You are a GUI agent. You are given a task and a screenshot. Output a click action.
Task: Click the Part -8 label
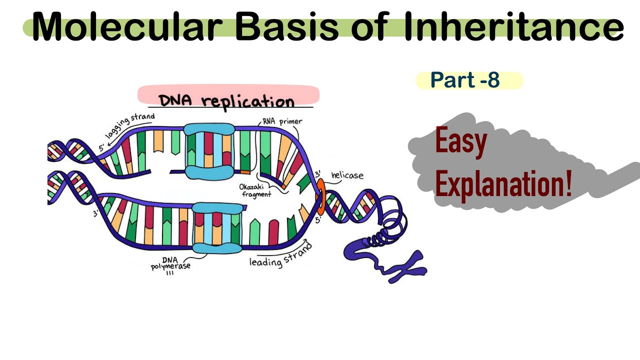click(x=465, y=80)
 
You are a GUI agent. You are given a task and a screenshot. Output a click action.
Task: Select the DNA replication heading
click(x=226, y=100)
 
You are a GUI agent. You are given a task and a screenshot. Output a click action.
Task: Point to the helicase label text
click(x=347, y=176)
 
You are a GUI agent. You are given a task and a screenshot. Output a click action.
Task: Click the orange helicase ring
click(x=320, y=196)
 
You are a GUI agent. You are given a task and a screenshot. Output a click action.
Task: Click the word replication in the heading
click(x=248, y=101)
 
